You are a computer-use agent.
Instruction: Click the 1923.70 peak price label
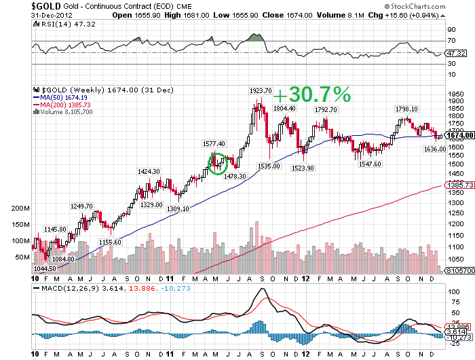click(x=261, y=90)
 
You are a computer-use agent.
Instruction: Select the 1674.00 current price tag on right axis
click(x=459, y=135)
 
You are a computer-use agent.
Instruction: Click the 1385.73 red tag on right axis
click(x=459, y=185)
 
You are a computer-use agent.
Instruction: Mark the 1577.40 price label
click(x=215, y=144)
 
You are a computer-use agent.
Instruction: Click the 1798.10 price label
click(x=406, y=109)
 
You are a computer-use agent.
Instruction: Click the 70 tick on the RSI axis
click(x=451, y=41)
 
